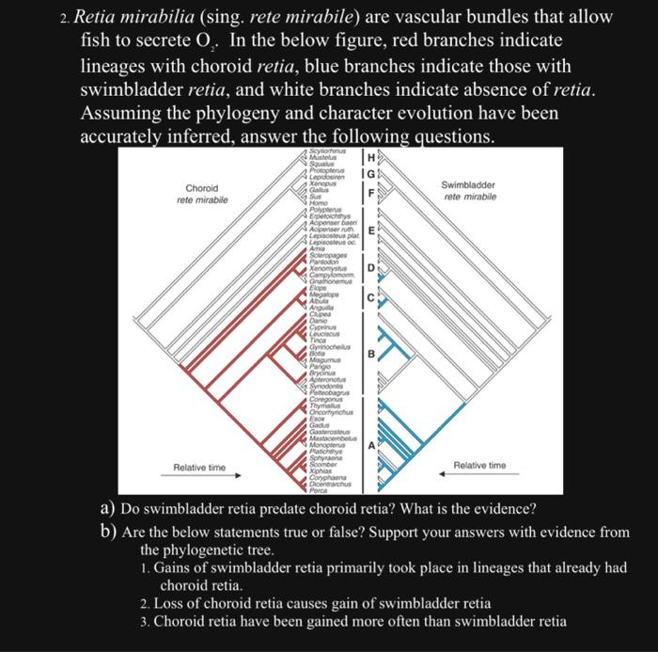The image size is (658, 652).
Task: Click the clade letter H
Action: (x=372, y=157)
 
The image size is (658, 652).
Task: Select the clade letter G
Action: (x=371, y=174)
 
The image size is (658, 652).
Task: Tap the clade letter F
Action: (x=371, y=194)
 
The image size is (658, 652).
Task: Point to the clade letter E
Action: (x=371, y=231)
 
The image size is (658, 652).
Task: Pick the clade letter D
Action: (x=371, y=268)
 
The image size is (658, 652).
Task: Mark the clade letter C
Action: (x=371, y=298)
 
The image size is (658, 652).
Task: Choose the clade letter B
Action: (x=371, y=354)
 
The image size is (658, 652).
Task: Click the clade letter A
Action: (x=371, y=446)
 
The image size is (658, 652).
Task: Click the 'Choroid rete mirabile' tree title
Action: (x=202, y=194)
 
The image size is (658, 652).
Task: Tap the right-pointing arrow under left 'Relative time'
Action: (x=199, y=476)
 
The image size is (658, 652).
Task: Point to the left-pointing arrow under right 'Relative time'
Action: (x=478, y=475)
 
